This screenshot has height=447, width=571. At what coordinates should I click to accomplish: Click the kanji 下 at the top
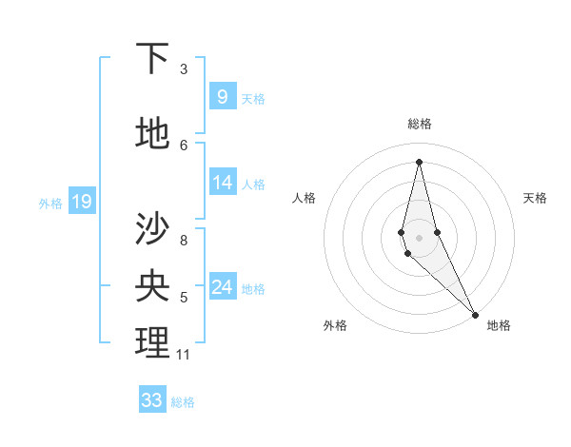tap(152, 59)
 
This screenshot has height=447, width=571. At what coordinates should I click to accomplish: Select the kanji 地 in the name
tap(152, 133)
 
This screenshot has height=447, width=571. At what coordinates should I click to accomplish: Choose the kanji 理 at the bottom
tap(152, 343)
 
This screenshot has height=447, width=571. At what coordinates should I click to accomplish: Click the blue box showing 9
tap(222, 96)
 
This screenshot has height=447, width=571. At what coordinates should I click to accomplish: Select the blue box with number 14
tap(222, 183)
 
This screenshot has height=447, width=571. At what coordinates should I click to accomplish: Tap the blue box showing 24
tap(222, 287)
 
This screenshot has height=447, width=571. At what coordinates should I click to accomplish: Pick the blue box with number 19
tap(81, 201)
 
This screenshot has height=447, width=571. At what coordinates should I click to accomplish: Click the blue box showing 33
tap(152, 400)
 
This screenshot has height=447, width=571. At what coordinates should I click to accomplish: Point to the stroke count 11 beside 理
tap(183, 355)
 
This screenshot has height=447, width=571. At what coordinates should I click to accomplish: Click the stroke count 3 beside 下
tap(183, 69)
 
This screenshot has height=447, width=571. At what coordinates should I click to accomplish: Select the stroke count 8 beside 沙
tap(183, 240)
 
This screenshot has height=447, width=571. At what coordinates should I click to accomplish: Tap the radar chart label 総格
tap(420, 124)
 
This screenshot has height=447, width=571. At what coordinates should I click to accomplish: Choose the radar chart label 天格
tap(535, 198)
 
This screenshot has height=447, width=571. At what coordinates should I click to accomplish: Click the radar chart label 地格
tap(499, 325)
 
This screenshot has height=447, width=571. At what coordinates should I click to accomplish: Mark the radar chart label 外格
tap(335, 325)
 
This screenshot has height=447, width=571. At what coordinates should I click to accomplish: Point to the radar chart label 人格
tap(304, 198)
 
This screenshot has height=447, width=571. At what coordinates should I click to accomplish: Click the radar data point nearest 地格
tap(475, 314)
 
